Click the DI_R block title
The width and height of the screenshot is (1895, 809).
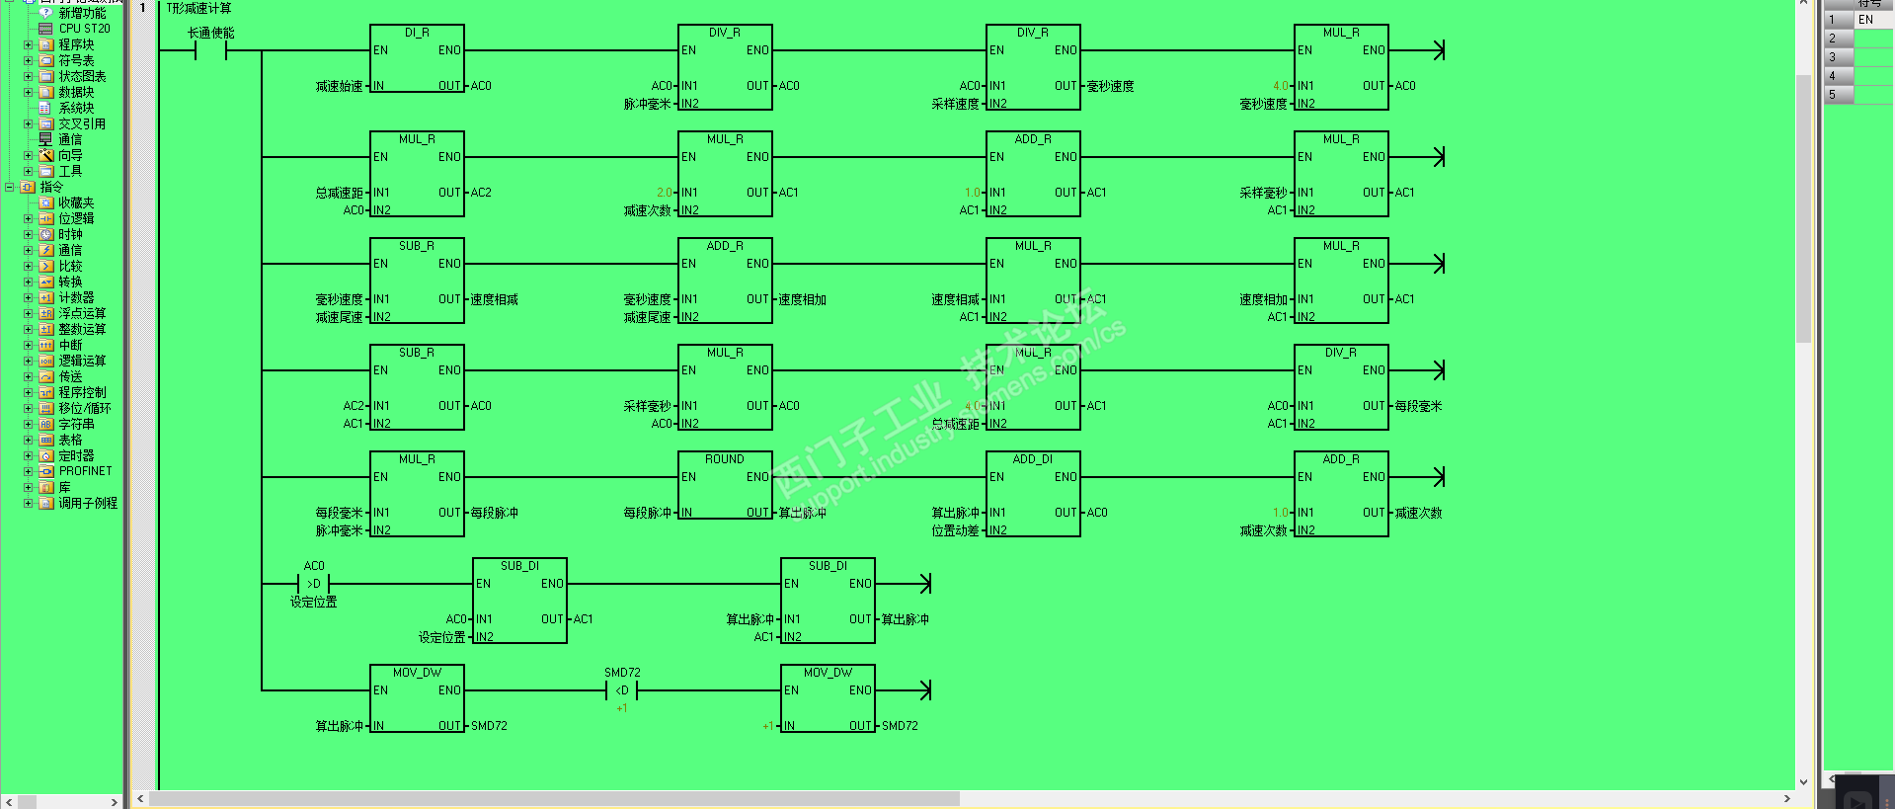pos(417,33)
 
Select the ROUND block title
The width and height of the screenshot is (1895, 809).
pos(725,459)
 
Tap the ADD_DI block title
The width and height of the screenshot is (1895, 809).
pos(1033,459)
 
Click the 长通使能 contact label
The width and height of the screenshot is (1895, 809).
pos(211,34)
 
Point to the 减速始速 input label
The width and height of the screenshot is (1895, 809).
pos(339,87)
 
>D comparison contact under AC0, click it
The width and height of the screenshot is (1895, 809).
pos(314,584)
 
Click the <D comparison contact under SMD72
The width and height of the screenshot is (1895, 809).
pos(622,690)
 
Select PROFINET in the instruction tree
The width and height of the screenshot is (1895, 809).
pos(85,471)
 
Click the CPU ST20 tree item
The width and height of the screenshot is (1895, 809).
pos(84,29)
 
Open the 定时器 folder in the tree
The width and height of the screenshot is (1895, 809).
pos(76,455)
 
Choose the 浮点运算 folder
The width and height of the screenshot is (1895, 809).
pos(82,313)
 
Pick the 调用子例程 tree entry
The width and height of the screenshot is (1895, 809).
pos(88,503)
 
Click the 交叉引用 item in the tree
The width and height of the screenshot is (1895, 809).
pos(82,123)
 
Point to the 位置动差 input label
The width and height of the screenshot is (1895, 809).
pos(955,531)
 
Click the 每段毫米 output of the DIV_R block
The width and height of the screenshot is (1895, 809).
pos(1418,406)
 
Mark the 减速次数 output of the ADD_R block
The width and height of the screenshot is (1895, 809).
pos(1418,513)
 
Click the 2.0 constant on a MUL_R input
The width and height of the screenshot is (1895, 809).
pos(664,193)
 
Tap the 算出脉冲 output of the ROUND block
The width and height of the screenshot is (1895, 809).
pos(802,513)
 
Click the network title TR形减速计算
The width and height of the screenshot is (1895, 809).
pos(198,9)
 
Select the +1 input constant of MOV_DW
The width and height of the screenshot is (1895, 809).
pos(767,726)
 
